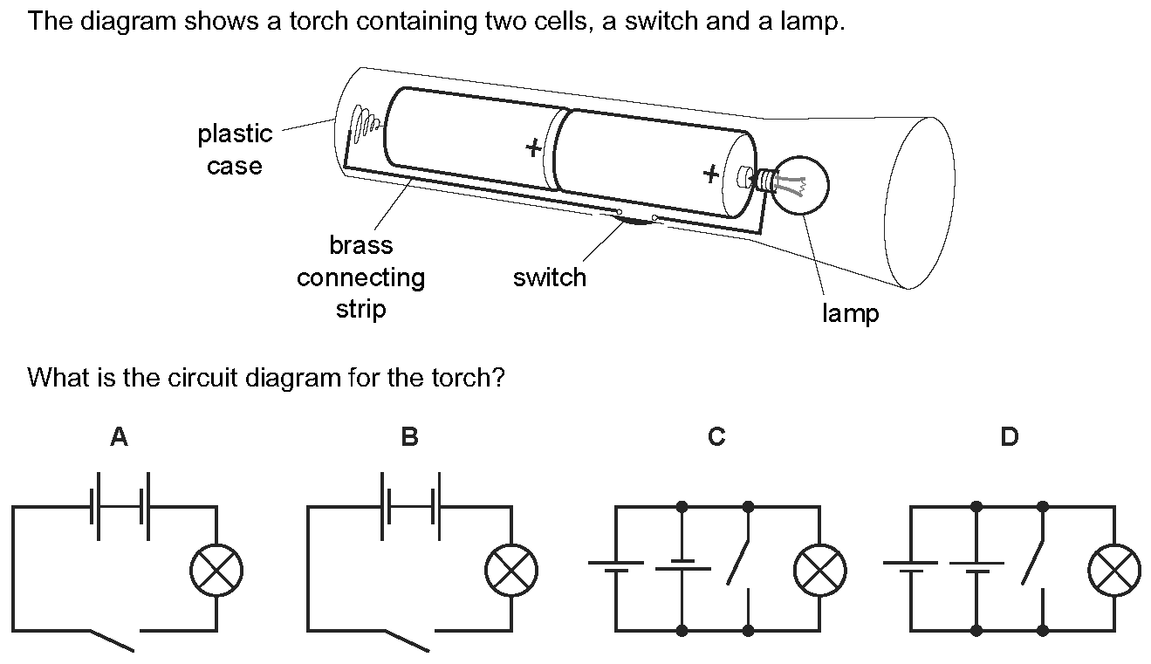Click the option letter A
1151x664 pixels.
tap(119, 437)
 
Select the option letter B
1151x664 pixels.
tap(409, 437)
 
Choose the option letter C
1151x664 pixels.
tap(716, 437)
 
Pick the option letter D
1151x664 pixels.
tap(1009, 437)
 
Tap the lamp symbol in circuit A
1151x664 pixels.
tap(216, 572)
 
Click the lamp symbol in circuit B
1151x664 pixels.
tap(511, 572)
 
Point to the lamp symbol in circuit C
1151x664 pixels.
tap(819, 572)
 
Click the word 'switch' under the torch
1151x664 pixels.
tap(550, 277)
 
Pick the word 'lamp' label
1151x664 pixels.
tap(850, 314)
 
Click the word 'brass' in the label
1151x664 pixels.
tap(360, 245)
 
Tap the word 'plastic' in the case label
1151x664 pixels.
tap(235, 133)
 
